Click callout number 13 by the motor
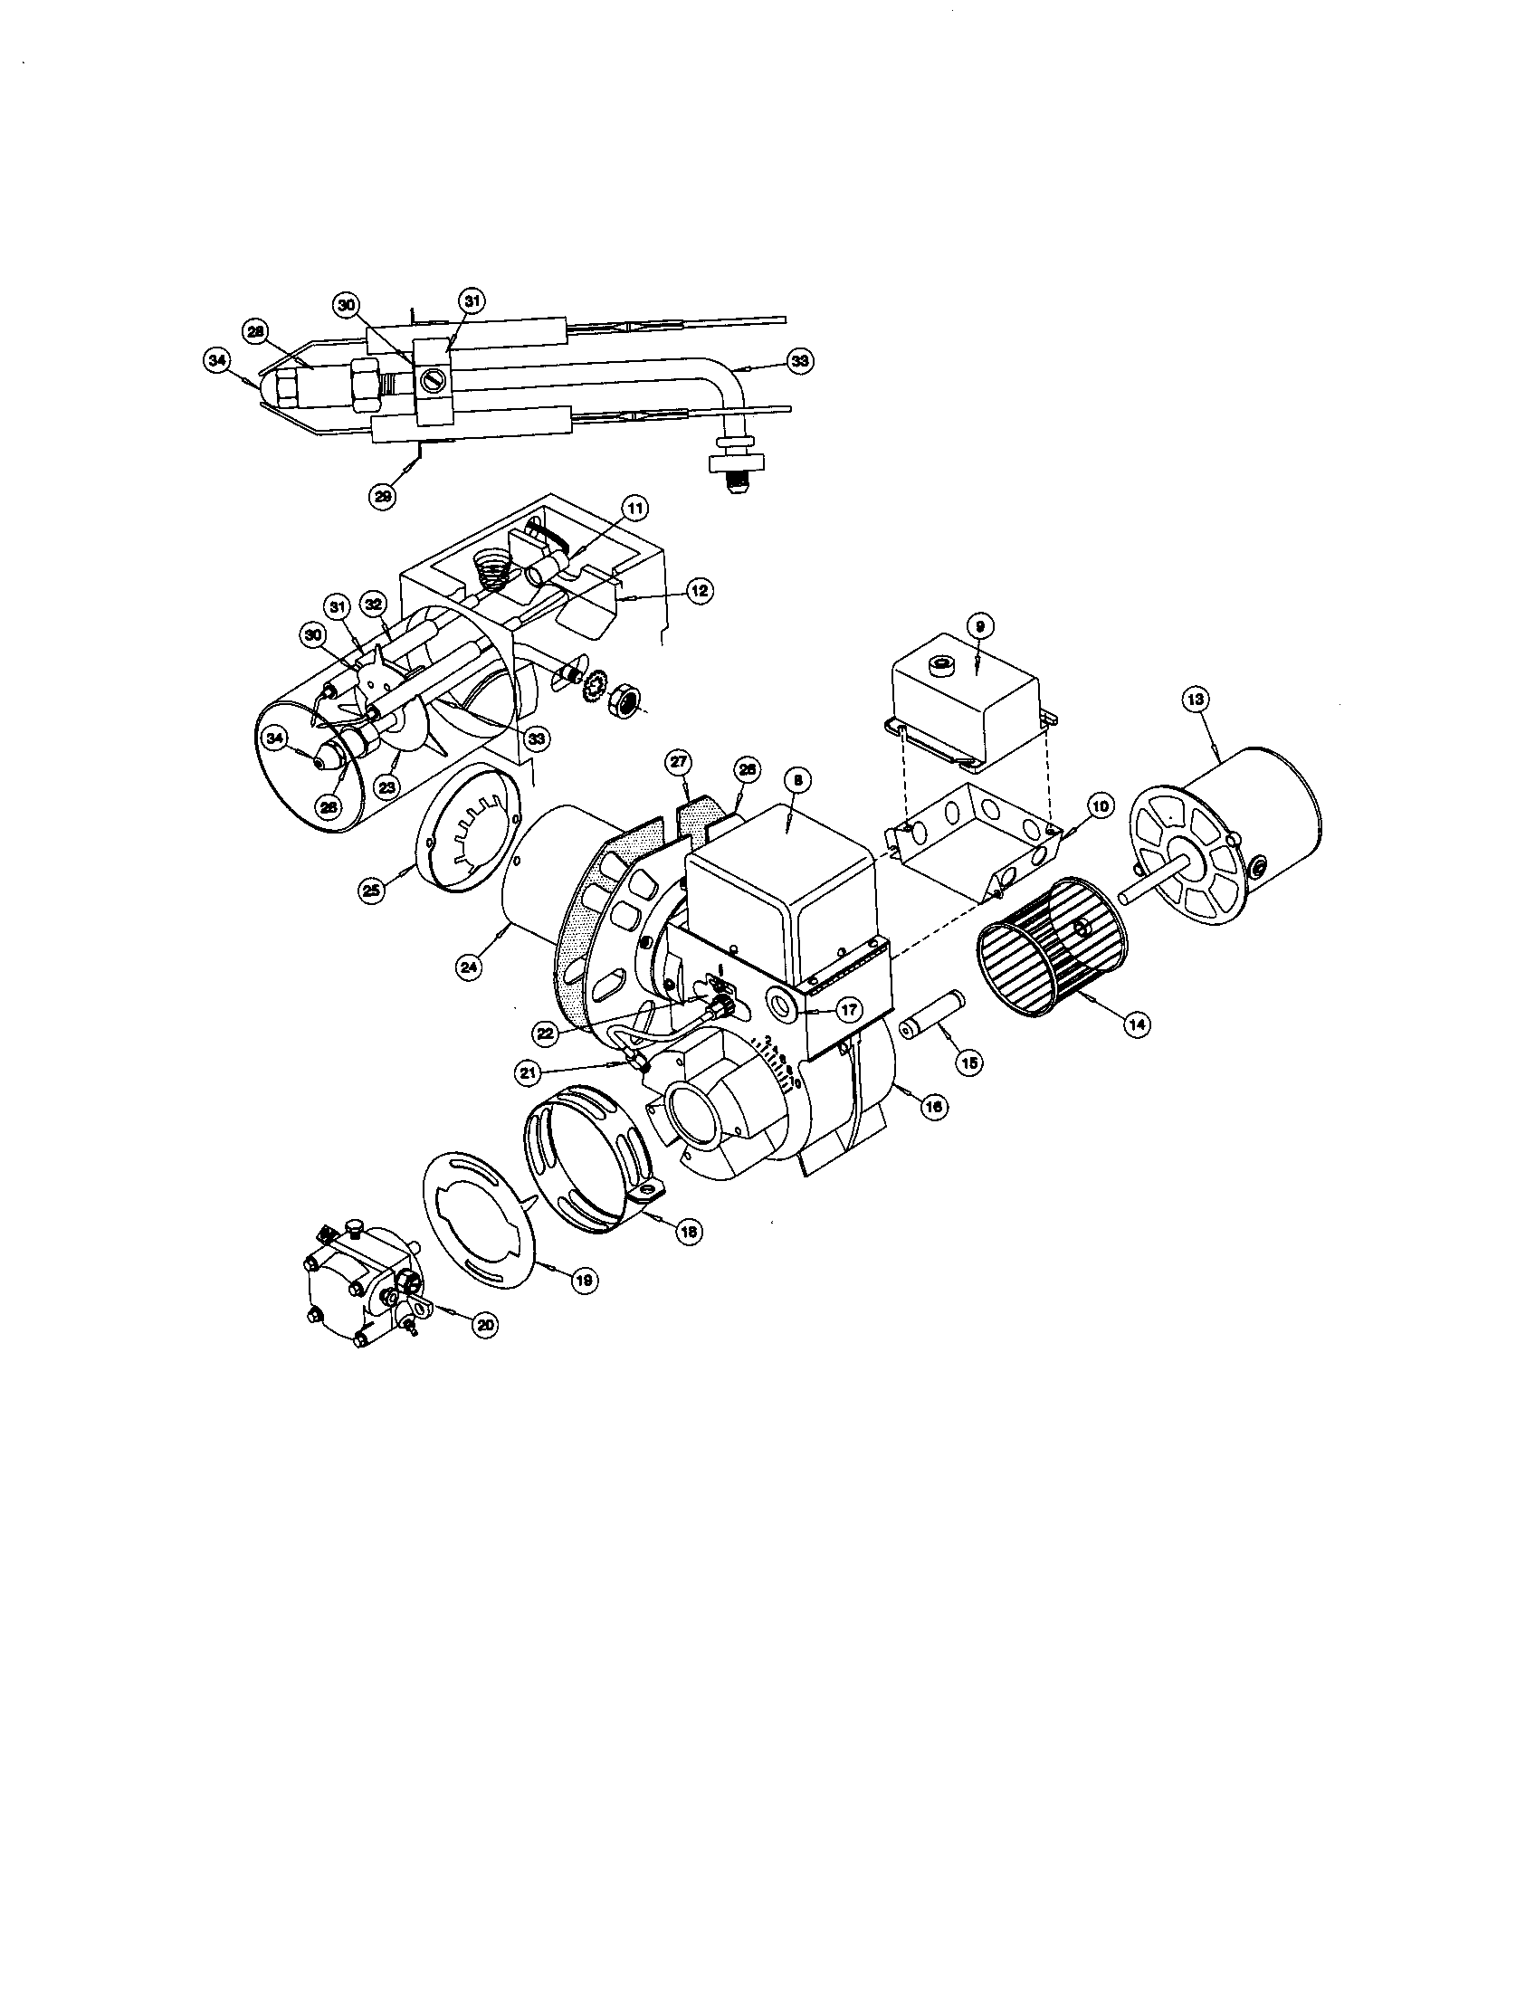pyautogui.click(x=1196, y=700)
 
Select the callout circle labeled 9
pyautogui.click(x=978, y=626)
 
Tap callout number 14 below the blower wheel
pyautogui.click(x=1136, y=1024)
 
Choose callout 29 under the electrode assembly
pyautogui.click(x=383, y=495)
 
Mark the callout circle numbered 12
pyautogui.click(x=698, y=591)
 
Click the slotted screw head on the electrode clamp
pyautogui.click(x=432, y=375)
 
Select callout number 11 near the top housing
pyautogui.click(x=634, y=508)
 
